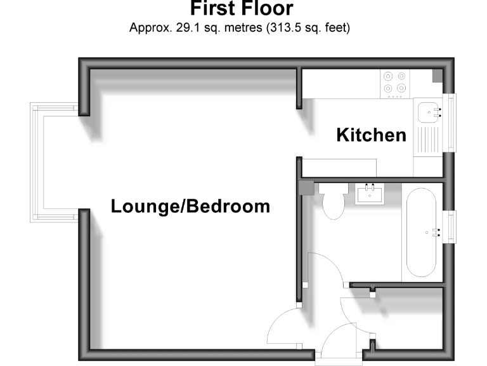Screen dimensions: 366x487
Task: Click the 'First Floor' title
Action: (242, 9)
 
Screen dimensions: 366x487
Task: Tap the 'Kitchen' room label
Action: (371, 135)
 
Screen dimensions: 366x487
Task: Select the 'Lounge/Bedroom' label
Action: (190, 207)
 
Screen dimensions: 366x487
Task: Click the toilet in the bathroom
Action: (332, 201)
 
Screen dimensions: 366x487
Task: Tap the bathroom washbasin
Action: (369, 193)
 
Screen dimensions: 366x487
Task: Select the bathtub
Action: (422, 232)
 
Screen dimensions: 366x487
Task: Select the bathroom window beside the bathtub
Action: (452, 226)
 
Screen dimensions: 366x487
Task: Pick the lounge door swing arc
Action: (282, 327)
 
